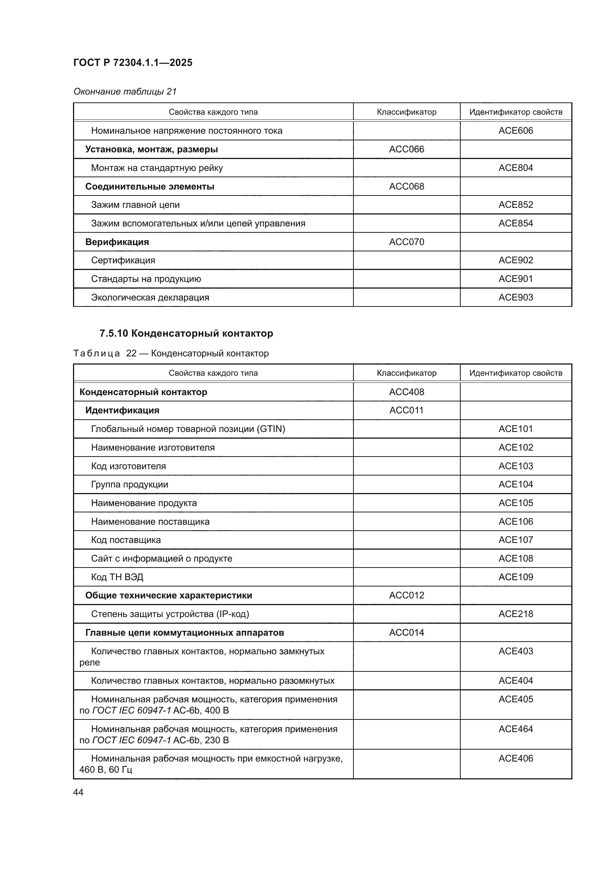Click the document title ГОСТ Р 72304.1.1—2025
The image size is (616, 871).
133,63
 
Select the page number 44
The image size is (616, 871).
78,792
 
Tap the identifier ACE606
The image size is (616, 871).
515,130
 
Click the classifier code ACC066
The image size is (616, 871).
406,149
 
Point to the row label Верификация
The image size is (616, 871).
117,242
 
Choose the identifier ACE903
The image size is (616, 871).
515,298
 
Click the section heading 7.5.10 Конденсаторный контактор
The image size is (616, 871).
186,333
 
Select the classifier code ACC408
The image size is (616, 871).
406,392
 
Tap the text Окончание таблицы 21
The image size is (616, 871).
125,92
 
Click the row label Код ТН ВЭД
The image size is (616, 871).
117,577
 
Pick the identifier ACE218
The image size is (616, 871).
515,614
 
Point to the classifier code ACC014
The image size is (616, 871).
406,632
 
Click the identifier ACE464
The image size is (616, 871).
515,729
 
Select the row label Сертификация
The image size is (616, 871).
123,260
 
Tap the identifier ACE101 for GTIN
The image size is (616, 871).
515,429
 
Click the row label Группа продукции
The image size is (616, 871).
129,484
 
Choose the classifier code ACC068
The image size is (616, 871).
406,186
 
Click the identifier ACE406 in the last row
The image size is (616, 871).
515,758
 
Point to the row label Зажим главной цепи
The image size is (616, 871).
135,205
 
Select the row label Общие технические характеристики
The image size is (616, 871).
168,595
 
